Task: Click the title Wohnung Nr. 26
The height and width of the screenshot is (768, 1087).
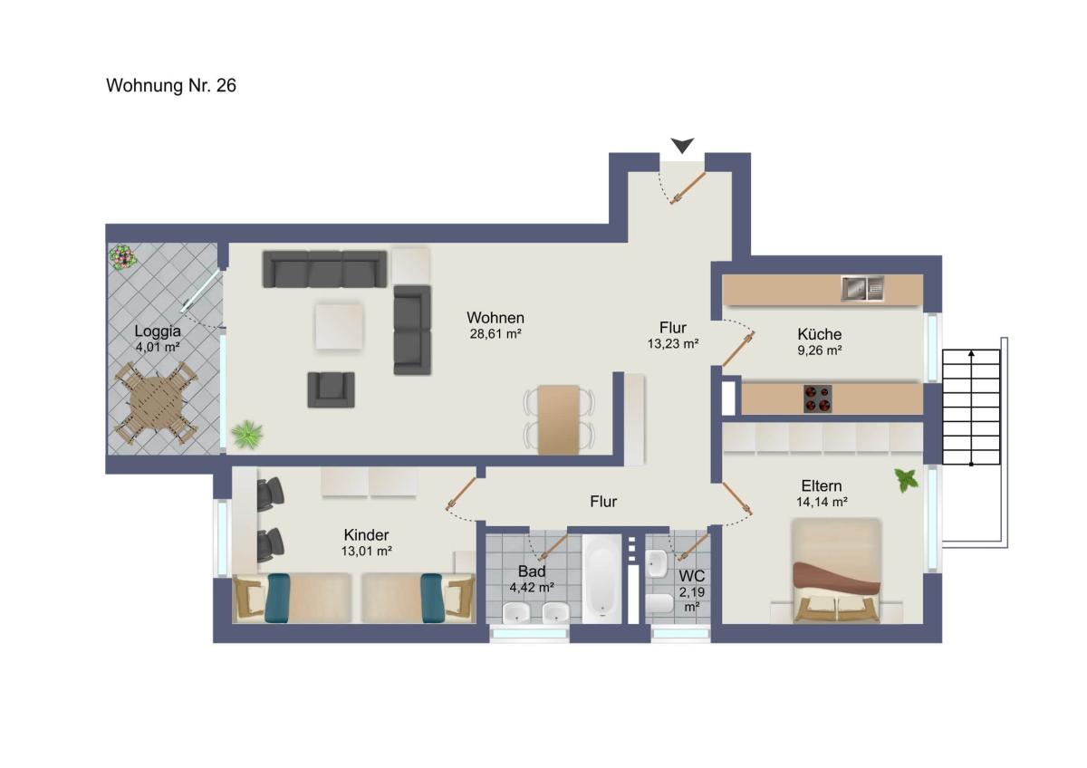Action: click(x=171, y=86)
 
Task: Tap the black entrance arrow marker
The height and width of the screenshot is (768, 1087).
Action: click(x=682, y=145)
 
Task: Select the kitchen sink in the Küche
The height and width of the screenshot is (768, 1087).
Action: click(x=862, y=289)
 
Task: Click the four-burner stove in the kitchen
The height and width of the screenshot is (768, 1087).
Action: click(x=818, y=398)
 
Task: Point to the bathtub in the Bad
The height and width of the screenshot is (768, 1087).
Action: click(x=601, y=579)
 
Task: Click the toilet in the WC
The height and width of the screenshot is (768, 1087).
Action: click(x=659, y=604)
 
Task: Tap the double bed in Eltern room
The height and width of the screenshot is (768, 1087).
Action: click(x=836, y=571)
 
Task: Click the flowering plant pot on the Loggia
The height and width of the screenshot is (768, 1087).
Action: click(x=122, y=257)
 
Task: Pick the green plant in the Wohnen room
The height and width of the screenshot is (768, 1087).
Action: click(x=247, y=433)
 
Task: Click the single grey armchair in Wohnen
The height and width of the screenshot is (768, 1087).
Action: click(x=331, y=389)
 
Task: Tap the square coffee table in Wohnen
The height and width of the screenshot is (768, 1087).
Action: click(x=339, y=325)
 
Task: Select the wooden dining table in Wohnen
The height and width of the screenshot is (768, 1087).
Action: click(x=559, y=420)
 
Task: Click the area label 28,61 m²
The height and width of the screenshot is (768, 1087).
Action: click(x=495, y=334)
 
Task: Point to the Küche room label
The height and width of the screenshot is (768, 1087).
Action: click(x=820, y=334)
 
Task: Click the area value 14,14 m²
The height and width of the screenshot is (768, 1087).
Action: click(x=822, y=502)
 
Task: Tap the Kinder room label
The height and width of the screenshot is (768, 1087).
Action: click(x=366, y=534)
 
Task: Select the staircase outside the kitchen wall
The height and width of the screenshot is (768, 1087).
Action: click(x=971, y=407)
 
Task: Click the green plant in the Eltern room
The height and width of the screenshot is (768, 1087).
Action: click(x=907, y=480)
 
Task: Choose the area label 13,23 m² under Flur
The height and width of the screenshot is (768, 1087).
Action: click(x=673, y=343)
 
